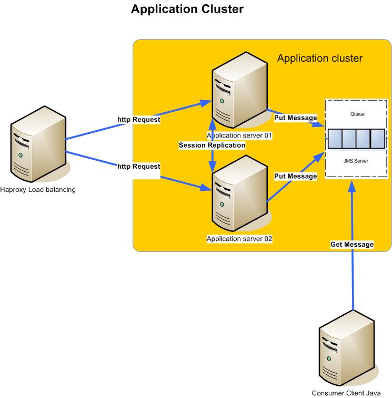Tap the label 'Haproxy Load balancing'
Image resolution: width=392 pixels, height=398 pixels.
[38, 190]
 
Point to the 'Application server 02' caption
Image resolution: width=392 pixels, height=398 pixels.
[239, 239]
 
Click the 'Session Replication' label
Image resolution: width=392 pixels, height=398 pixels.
[212, 145]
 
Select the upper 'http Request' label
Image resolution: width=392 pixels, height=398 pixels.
[138, 120]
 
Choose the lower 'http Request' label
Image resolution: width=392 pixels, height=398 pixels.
[138, 167]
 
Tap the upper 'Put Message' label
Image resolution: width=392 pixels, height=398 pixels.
[295, 118]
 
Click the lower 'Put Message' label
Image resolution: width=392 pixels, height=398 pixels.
[295, 176]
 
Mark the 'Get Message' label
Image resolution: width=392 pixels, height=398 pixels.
[351, 245]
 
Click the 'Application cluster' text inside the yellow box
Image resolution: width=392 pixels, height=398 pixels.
[319, 58]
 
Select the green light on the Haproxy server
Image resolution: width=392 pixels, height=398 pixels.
[21, 156]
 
